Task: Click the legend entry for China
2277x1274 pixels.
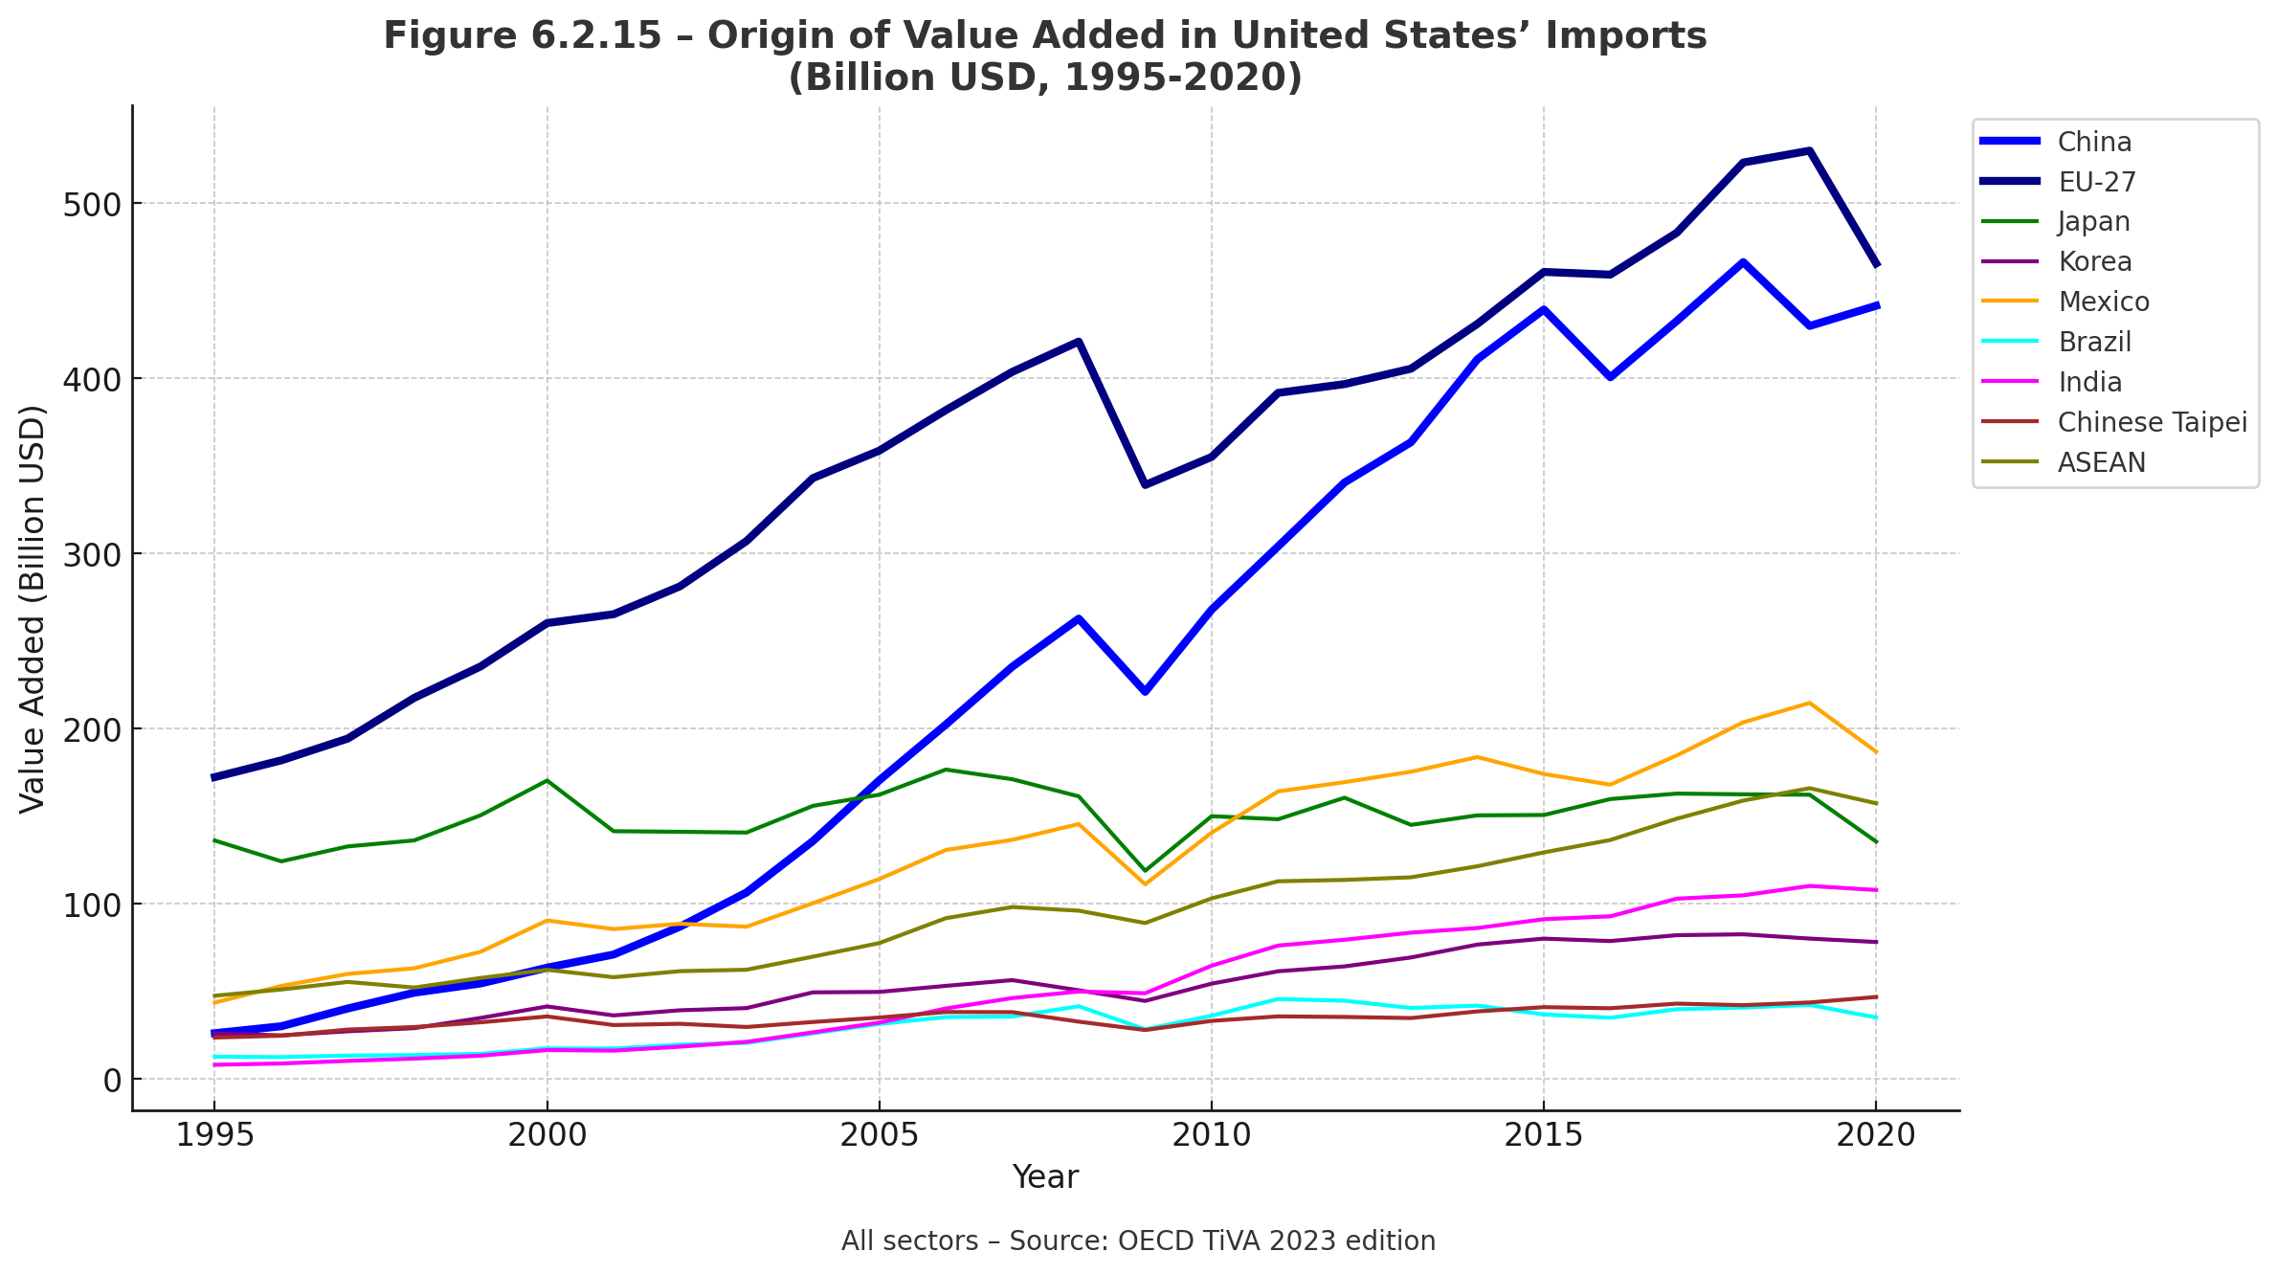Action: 2094,142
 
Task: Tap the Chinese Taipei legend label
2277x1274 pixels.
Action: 2152,422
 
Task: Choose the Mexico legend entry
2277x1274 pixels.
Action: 2103,302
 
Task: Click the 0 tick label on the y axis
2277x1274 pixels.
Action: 112,1081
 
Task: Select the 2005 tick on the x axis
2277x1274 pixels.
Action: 879,1135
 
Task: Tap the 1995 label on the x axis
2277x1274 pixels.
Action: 214,1135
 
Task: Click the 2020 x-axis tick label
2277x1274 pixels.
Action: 1875,1135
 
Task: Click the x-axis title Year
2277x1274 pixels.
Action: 1045,1177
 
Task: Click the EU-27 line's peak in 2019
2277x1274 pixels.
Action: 1809,150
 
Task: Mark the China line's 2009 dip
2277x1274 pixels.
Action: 1145,691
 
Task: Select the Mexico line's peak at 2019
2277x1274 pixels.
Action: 1809,704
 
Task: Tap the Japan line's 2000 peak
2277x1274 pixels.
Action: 547,780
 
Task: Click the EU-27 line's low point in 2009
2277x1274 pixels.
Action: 1145,485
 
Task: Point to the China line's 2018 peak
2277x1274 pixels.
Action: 1743,261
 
